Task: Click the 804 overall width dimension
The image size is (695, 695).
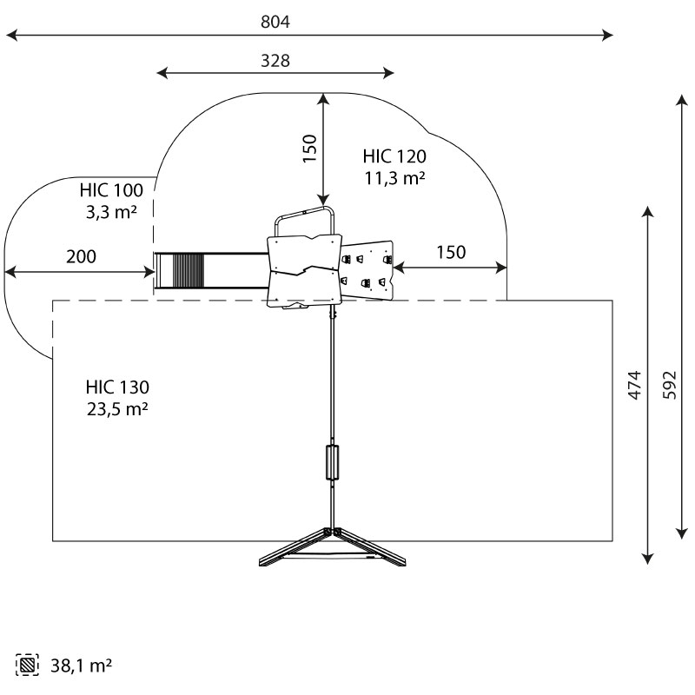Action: click(275, 23)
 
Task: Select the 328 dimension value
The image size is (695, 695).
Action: click(275, 61)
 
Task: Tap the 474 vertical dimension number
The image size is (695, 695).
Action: click(635, 385)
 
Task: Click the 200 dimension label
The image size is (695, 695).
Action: click(81, 256)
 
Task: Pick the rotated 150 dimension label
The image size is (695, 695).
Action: click(309, 149)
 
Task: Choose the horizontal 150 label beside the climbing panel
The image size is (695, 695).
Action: click(450, 253)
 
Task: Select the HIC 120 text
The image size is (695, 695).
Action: click(394, 157)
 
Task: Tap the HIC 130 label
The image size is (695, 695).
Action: click(117, 387)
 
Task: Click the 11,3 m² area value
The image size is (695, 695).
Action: click(394, 178)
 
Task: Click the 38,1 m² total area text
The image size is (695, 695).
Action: click(79, 666)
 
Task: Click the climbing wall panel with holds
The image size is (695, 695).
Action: click(368, 269)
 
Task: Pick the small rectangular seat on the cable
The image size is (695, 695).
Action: click(331, 462)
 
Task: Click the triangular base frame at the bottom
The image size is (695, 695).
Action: click(333, 548)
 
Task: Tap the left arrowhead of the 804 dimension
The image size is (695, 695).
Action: click(11, 36)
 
